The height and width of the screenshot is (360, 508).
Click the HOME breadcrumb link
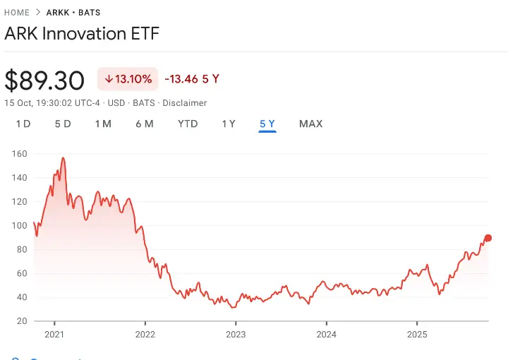coord(17,13)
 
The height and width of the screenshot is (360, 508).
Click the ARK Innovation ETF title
coord(82,33)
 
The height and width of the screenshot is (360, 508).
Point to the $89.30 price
coord(44,80)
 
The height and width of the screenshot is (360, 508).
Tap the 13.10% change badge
coord(128,79)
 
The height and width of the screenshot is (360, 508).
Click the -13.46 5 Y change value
coord(191,79)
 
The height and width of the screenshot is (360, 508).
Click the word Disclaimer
coord(185,103)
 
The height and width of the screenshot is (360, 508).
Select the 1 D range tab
coord(23,124)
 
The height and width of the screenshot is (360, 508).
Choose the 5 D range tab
coord(63,124)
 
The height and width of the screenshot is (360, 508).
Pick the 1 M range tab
coord(103,124)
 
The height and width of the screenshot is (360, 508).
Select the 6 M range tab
coord(145,124)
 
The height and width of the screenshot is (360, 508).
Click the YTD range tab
coord(188,124)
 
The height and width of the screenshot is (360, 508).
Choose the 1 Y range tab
coord(229,124)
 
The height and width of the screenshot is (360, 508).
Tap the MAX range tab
coord(310,124)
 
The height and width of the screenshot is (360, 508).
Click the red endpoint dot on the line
coord(488,238)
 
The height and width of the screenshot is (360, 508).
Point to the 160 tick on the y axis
coord(20,153)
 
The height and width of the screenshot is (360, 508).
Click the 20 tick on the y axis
coord(23,321)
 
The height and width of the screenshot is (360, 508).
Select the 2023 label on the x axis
coord(236,334)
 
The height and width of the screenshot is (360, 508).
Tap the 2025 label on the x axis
coord(417,334)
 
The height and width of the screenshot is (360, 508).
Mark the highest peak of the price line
coord(64,158)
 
